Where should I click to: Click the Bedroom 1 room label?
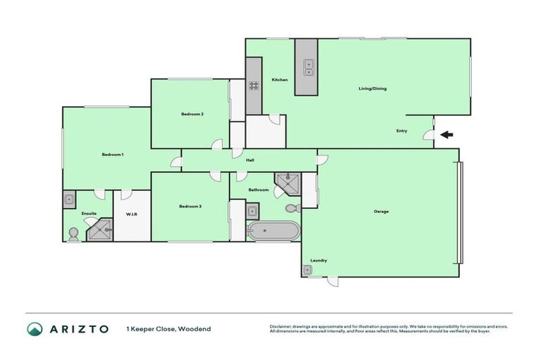(112, 154)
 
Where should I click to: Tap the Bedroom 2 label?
(192, 114)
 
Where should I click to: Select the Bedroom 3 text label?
(190, 206)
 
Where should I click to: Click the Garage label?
(380, 211)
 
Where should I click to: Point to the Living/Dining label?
(373, 89)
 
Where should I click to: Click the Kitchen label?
(279, 80)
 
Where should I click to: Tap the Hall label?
(250, 160)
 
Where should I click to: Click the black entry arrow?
(446, 135)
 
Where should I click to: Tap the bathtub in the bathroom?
(273, 231)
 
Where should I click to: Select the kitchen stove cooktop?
(253, 86)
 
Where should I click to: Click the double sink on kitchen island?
(307, 67)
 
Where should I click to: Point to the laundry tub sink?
(308, 269)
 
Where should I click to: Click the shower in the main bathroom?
(287, 184)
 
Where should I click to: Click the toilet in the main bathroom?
(292, 209)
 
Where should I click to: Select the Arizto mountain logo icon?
(34, 329)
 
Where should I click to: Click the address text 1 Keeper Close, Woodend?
(168, 329)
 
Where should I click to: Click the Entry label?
(401, 131)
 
